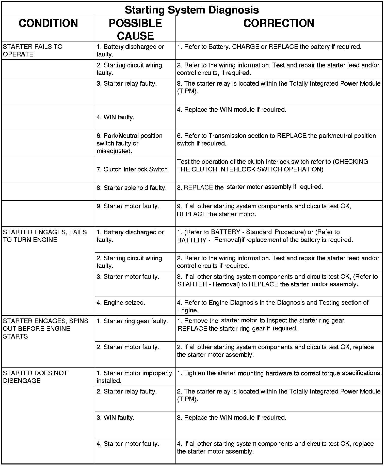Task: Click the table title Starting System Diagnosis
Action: pos(192,10)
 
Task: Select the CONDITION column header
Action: pos(48,23)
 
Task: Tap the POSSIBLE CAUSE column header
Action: pos(135,30)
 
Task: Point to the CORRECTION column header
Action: pos(279,23)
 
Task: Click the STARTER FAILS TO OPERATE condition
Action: pos(33,50)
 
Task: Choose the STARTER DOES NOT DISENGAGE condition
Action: pos(35,377)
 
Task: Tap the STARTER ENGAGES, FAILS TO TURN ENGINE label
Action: pos(45,236)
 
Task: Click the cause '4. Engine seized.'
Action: pos(121,303)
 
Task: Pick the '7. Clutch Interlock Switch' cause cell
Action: pos(132,169)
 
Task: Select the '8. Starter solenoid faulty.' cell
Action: pos(132,188)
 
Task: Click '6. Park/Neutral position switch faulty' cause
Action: pos(129,143)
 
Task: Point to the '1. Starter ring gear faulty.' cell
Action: pos(132,321)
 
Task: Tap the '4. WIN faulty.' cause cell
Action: pos(116,117)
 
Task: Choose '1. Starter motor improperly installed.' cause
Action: pos(134,377)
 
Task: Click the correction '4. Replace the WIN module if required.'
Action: pos(232,110)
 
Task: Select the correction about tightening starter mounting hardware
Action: pos(279,373)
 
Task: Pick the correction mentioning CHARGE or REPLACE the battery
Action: pos(269,47)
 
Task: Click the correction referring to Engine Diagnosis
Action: pos(272,306)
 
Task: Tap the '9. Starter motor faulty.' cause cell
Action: pos(128,206)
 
